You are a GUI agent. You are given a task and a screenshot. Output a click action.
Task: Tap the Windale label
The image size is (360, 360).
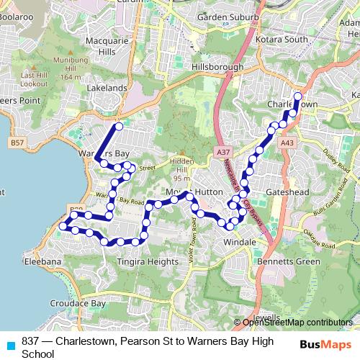coord(240,243)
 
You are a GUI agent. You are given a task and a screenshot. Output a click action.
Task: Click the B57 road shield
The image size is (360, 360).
coord(19,144)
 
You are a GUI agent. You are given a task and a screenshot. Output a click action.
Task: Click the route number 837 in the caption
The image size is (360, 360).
coord(30,341)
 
